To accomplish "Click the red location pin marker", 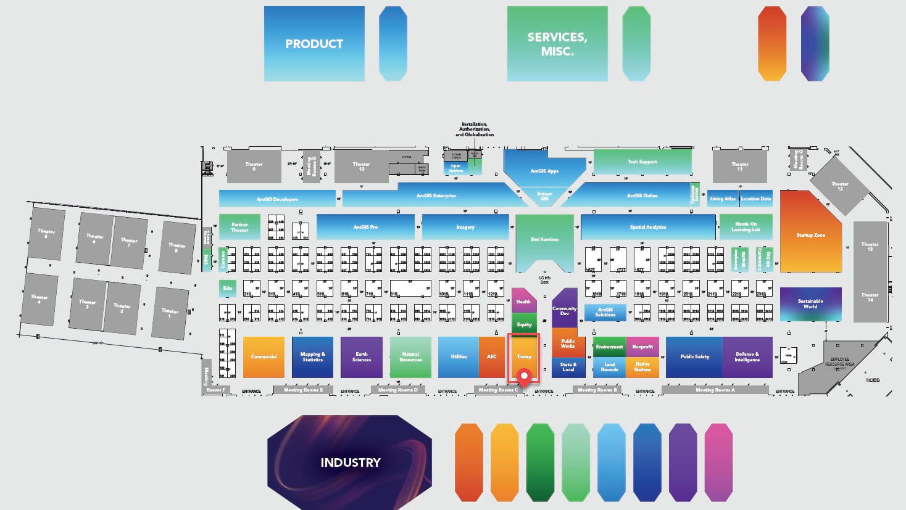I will coord(525,376).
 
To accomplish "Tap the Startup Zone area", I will coord(810,235).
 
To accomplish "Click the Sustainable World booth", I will coord(810,303).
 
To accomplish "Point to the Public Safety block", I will coord(694,356).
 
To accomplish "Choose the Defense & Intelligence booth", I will coord(747,356).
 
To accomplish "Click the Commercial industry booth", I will coord(264,356).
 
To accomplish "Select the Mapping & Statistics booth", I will coord(312,356).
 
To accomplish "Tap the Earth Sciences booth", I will coord(362,356).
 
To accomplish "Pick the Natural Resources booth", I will coord(410,356).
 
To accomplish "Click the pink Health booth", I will coord(523,301).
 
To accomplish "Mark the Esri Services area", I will coord(544,239).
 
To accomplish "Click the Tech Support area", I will coord(642,162).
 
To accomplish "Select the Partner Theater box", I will coord(239,227).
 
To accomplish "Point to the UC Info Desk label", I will coord(544,280).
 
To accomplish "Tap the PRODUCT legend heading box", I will coord(314,44).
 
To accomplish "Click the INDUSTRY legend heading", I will coord(350,462).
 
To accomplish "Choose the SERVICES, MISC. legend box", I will coord(557,44).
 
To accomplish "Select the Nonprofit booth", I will coord(642,347).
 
